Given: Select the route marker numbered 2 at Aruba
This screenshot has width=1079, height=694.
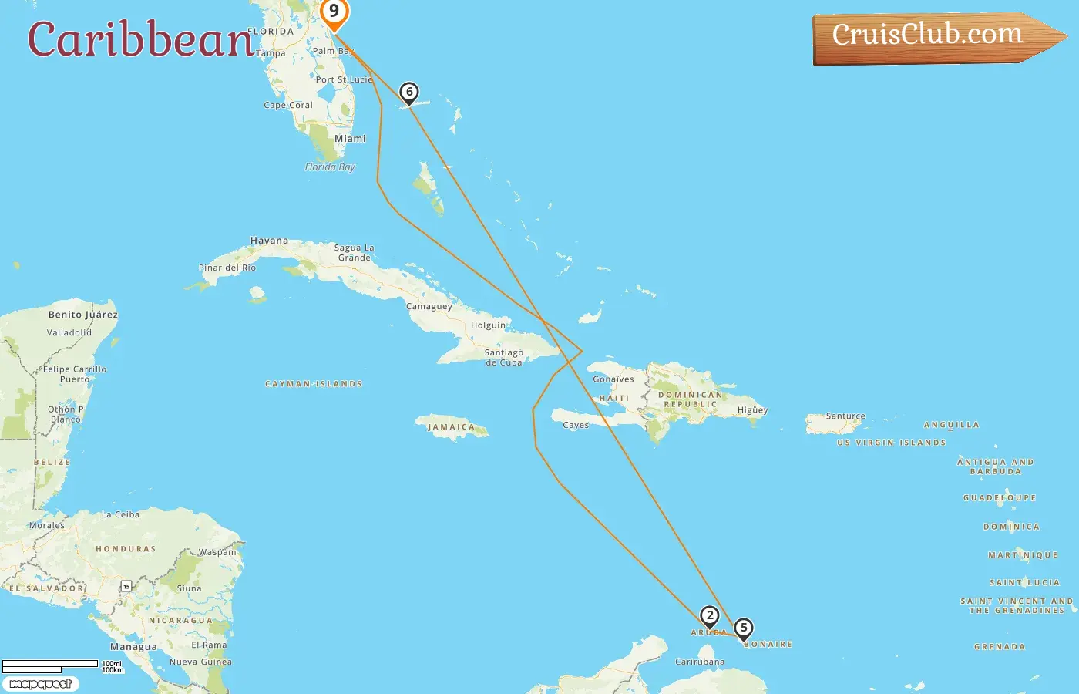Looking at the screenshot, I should [x=710, y=616].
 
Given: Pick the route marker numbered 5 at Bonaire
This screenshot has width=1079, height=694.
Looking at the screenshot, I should [x=744, y=628].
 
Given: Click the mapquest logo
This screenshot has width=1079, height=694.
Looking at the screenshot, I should [x=40, y=684].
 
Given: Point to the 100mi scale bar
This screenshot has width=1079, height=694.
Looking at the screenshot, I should [x=50, y=664].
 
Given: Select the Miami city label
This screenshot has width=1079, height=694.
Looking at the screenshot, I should [x=350, y=139].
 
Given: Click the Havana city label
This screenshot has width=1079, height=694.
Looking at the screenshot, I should [x=269, y=241].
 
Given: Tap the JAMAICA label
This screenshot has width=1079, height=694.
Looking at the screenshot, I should [x=451, y=427].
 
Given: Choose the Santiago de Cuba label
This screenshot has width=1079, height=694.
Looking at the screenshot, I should [x=504, y=357].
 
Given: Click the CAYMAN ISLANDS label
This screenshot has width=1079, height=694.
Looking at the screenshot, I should [x=314, y=384].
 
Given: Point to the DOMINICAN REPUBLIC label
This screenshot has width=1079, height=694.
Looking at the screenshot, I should [x=691, y=399].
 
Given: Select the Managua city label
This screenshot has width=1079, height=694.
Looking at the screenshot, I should [x=133, y=647].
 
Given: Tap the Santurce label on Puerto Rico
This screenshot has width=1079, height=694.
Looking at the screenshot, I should [x=845, y=416].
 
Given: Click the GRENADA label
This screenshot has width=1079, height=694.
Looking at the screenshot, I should [x=1000, y=647].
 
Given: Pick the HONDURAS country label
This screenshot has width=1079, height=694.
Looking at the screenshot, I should [x=126, y=549].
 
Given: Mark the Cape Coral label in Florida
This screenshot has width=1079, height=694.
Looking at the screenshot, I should [x=288, y=106].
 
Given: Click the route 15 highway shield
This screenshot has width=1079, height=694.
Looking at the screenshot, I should [x=126, y=587].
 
